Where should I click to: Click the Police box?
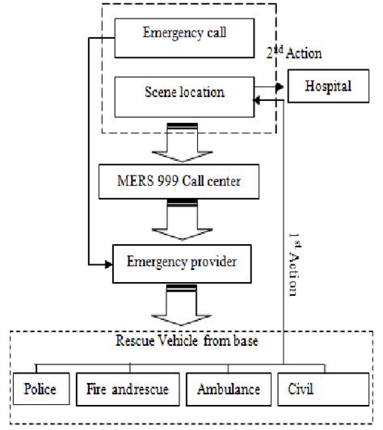pyautogui.click(x=40, y=390)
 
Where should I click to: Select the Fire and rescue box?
pyautogui.click(x=128, y=390)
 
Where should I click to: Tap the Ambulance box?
pyautogui.click(x=228, y=390)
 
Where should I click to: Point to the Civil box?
pyautogui.click(x=307, y=390)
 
